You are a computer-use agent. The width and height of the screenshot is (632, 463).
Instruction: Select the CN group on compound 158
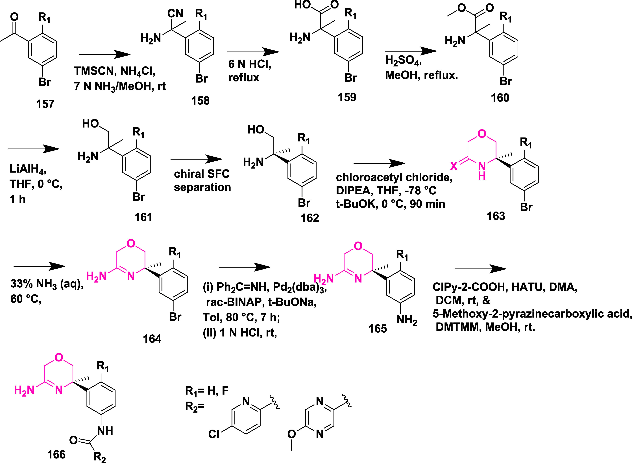(x=175, y=13)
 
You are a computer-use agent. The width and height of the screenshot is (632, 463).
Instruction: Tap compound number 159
(x=347, y=97)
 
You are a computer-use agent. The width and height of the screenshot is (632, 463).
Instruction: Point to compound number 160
(x=500, y=98)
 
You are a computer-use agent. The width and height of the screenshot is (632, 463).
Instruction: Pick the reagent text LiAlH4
(x=28, y=169)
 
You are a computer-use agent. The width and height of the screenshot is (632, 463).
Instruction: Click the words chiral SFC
(x=202, y=174)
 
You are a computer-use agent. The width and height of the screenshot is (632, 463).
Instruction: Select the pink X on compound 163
(x=454, y=167)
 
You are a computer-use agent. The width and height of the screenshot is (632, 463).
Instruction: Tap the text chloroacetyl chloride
(x=394, y=177)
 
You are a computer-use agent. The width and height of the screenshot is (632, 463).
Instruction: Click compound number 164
(x=152, y=339)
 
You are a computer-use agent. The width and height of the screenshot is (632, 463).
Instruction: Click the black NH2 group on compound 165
(x=407, y=320)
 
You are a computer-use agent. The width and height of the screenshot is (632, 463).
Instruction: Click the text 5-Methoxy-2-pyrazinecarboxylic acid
(x=532, y=314)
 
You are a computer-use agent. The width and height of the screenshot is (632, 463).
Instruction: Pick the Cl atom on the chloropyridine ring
(x=214, y=434)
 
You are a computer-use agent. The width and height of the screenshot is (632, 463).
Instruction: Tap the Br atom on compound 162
(x=304, y=203)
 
